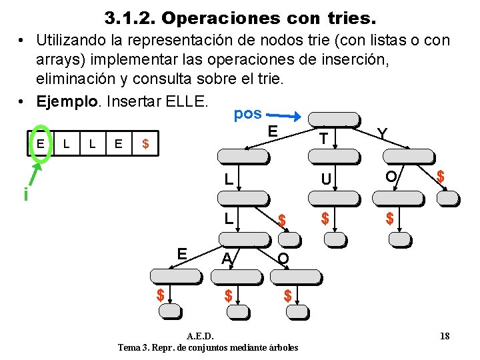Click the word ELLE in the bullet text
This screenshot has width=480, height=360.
point(189,103)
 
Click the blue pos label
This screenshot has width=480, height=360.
point(247,113)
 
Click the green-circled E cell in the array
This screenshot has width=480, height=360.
point(41,143)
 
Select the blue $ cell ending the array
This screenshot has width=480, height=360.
point(145,143)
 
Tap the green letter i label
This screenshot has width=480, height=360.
point(25,195)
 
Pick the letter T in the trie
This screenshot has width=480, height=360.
point(323,138)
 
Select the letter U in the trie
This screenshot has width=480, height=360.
point(326,179)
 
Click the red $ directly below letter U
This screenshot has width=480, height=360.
point(325,217)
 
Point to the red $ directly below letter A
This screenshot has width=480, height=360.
point(228,295)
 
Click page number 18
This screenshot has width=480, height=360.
point(445,336)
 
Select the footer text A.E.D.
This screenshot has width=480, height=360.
point(200,336)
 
